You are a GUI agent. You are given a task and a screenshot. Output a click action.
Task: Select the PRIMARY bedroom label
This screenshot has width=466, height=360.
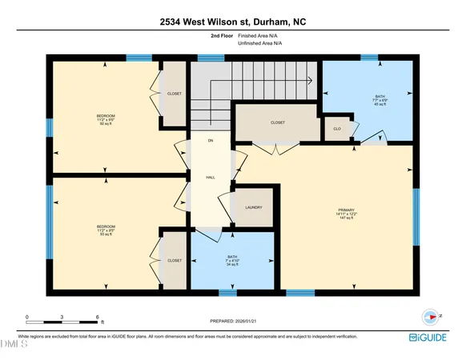(346, 212)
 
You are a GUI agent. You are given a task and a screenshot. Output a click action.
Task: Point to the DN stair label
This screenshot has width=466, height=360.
(211, 141)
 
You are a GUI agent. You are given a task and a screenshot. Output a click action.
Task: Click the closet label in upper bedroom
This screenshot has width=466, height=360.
(175, 94)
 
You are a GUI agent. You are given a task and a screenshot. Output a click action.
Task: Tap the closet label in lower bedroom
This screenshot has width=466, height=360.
(175, 260)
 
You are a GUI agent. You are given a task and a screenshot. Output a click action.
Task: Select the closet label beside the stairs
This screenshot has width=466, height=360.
(278, 122)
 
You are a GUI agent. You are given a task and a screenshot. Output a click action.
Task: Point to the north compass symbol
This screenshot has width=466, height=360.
(433, 316)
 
